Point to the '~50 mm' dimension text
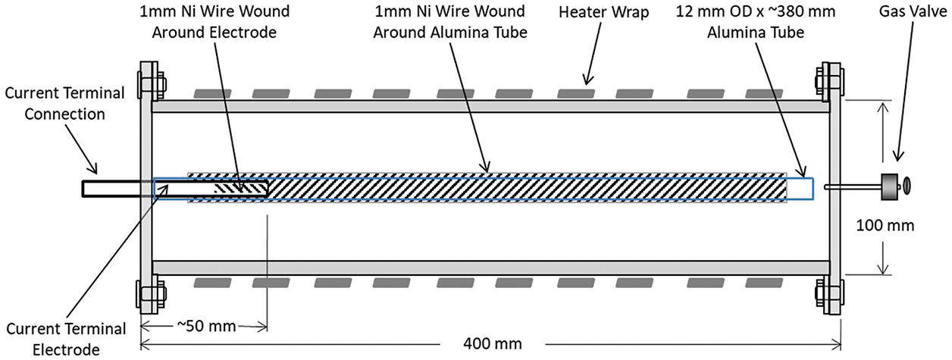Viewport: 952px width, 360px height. (207, 327)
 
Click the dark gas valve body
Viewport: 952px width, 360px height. (887, 184)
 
